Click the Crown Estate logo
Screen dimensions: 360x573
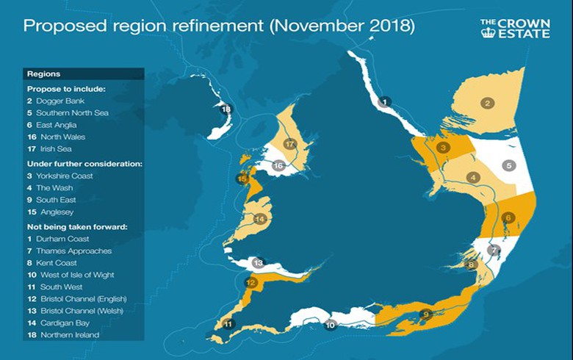click(515, 29)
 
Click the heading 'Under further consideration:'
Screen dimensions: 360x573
click(81, 163)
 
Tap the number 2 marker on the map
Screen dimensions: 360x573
click(486, 103)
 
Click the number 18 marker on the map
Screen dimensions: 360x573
click(226, 109)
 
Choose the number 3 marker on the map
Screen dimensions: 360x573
click(443, 148)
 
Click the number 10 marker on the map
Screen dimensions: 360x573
click(330, 324)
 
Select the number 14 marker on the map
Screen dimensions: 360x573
click(259, 219)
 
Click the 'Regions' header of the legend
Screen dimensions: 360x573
click(43, 74)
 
